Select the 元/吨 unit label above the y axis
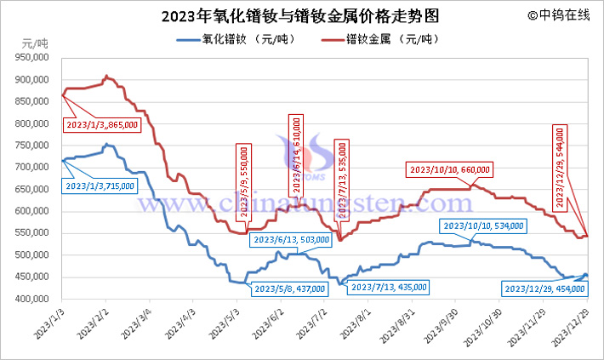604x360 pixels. (x=35, y=43)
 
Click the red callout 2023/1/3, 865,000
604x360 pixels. (x=100, y=125)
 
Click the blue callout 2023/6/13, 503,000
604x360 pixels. (x=289, y=240)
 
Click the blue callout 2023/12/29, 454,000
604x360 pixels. (x=540, y=289)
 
